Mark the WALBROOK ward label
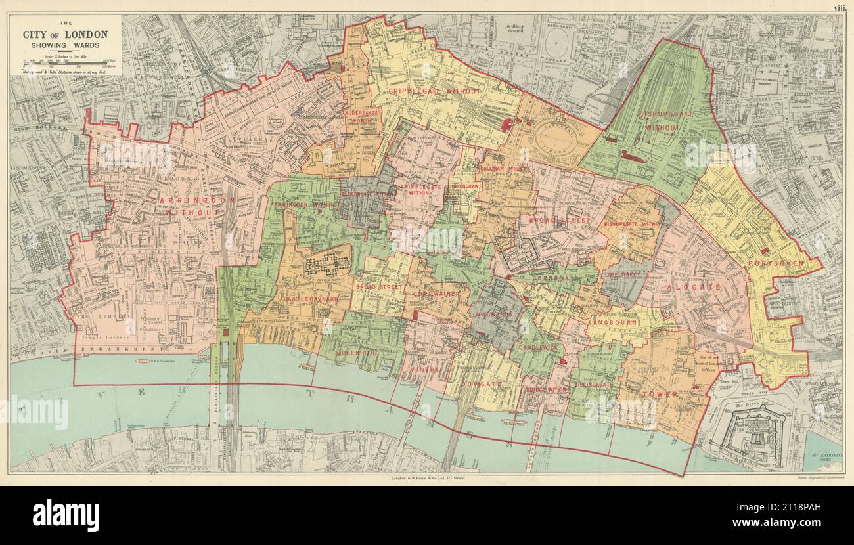[x=491, y=315]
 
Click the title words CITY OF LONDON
[x=66, y=34]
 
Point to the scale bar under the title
[x=64, y=62]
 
